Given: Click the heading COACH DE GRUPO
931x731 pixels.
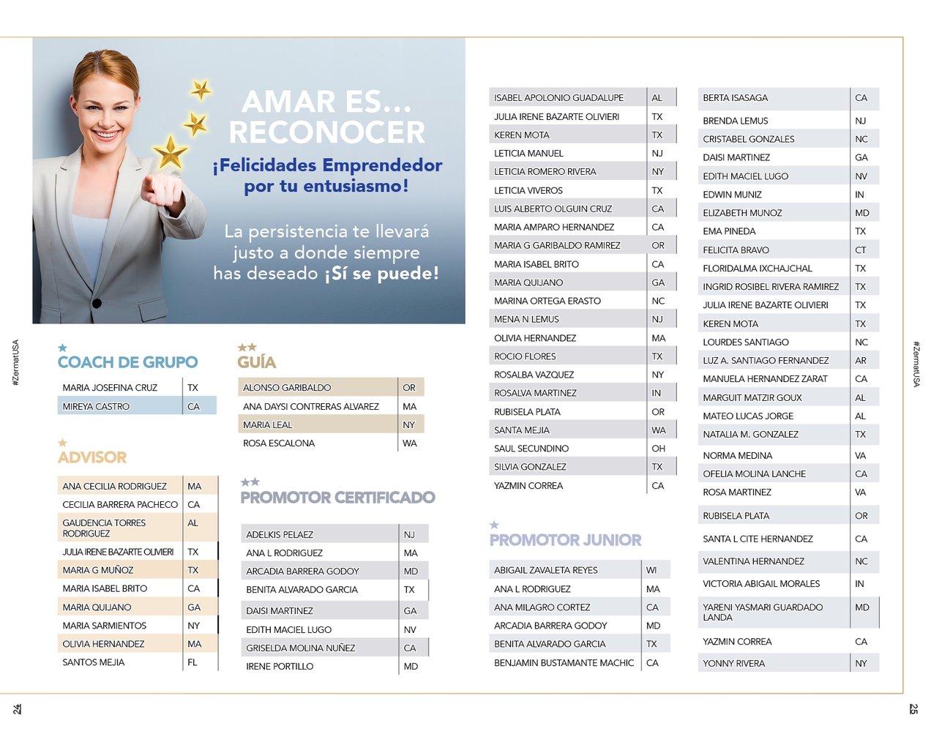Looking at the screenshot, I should (x=127, y=362).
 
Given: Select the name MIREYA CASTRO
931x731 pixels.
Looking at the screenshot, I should (x=96, y=406).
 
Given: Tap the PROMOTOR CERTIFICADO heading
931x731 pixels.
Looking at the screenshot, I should (x=337, y=498).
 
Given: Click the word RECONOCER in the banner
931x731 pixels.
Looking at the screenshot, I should (x=326, y=132).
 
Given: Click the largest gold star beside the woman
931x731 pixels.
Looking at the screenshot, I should (x=171, y=152).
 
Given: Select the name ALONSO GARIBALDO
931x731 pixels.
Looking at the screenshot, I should (x=287, y=387).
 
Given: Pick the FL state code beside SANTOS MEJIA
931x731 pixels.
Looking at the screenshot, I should (x=192, y=662).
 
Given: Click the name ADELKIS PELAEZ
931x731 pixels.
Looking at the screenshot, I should (x=280, y=535).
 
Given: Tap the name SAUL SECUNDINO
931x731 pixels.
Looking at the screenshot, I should (x=531, y=449).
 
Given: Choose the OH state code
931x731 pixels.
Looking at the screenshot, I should (x=658, y=449).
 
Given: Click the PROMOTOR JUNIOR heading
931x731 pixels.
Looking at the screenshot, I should (x=565, y=540).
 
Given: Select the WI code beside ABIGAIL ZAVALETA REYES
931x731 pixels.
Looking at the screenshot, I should (x=651, y=570).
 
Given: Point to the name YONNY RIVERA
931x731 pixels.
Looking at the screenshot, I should (x=733, y=664).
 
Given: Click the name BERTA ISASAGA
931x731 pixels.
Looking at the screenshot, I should (x=735, y=97).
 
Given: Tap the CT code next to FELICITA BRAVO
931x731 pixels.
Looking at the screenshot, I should (x=861, y=250).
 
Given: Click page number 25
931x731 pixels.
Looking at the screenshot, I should (x=913, y=708).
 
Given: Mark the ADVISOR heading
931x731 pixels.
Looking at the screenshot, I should (x=92, y=457).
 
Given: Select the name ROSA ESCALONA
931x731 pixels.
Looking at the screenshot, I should (x=279, y=443).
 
